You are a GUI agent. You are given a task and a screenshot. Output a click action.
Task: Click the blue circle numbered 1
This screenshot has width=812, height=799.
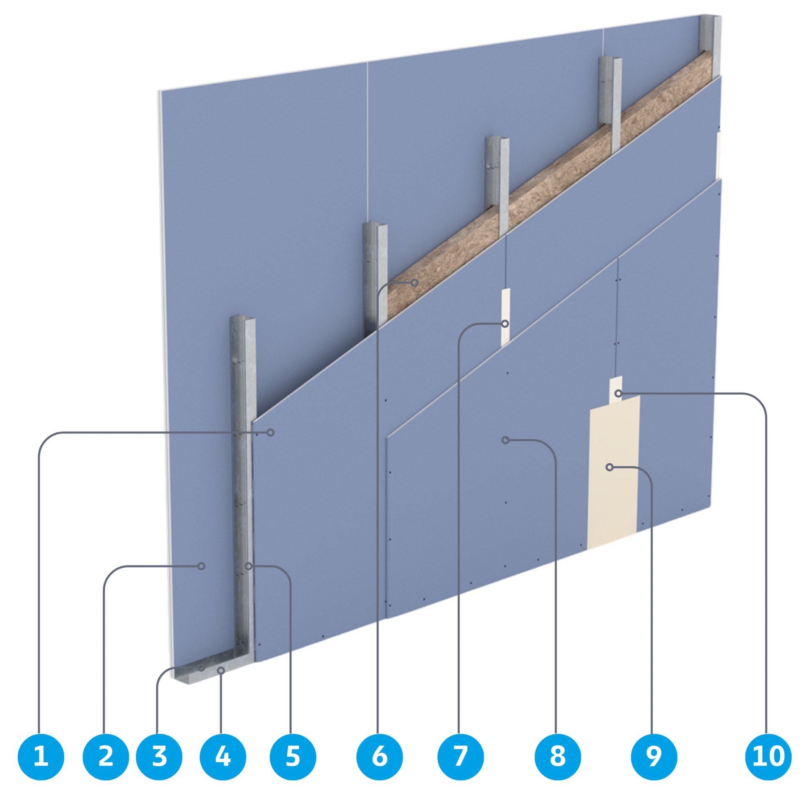click(x=41, y=756)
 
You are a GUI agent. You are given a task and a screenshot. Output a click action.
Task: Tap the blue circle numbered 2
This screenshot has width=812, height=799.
click(x=106, y=756)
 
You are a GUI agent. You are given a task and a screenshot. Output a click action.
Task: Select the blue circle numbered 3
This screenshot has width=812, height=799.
click(x=159, y=756)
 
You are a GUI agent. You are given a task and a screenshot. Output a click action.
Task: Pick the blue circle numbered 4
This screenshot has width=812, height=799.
click(x=222, y=756)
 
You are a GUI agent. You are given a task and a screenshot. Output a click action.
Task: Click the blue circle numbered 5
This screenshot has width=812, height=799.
click(x=293, y=756)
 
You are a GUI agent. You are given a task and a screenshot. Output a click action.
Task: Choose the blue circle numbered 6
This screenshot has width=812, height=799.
click(x=379, y=756)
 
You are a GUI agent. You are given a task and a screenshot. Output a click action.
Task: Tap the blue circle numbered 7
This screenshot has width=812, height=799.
click(x=461, y=756)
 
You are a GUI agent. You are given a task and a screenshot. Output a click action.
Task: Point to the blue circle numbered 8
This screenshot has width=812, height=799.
click(x=557, y=756)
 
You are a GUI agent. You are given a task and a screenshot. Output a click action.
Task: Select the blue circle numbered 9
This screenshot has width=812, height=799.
click(x=654, y=756)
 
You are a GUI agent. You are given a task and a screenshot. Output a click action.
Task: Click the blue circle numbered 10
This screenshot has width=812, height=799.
click(x=768, y=756)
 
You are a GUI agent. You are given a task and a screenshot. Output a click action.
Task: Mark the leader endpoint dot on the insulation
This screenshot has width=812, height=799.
click(x=415, y=282)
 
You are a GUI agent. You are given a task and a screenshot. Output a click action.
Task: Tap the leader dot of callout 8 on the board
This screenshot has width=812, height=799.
click(x=505, y=440)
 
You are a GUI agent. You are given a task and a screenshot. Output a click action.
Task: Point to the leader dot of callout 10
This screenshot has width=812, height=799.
click(x=618, y=394)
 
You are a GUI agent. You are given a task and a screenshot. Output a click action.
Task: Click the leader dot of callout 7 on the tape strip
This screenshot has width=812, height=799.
click(x=505, y=324)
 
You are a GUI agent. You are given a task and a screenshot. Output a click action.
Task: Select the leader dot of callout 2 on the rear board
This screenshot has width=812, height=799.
click(x=202, y=566)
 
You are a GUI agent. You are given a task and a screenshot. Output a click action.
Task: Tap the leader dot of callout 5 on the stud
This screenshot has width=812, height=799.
click(x=249, y=566)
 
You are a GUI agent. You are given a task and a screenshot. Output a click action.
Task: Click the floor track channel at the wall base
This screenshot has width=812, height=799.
click(x=203, y=673)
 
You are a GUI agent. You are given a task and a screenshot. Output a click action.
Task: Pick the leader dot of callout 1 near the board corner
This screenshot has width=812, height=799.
click(x=271, y=432)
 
